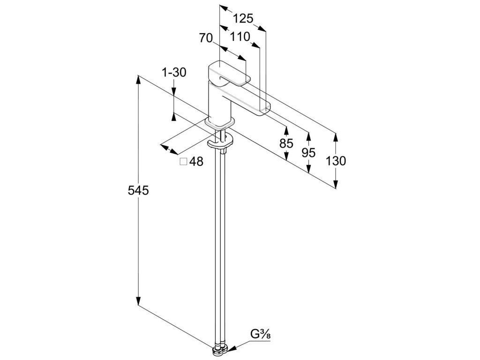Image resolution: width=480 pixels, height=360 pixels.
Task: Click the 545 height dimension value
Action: (137, 190)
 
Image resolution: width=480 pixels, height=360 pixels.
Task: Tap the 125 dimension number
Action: (243, 18)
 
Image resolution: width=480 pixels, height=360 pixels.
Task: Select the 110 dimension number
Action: (240, 37)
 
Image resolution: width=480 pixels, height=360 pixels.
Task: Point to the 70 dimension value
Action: (206, 38)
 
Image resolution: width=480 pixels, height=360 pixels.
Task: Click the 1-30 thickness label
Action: (174, 73)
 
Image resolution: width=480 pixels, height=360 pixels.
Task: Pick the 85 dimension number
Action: (286, 144)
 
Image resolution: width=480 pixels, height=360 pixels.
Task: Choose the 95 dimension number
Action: (308, 152)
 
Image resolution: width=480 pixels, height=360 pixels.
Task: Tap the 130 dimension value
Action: (336, 161)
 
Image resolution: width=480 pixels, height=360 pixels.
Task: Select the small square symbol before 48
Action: (183, 162)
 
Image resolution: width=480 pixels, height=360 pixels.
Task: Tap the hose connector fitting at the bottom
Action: (220, 349)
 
